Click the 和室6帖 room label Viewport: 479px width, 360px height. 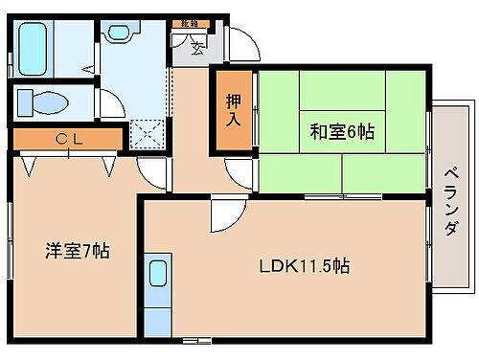click(x=341, y=132)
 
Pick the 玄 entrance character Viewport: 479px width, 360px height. click(x=195, y=46)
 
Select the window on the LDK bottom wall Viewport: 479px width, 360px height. click(x=196, y=339)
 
